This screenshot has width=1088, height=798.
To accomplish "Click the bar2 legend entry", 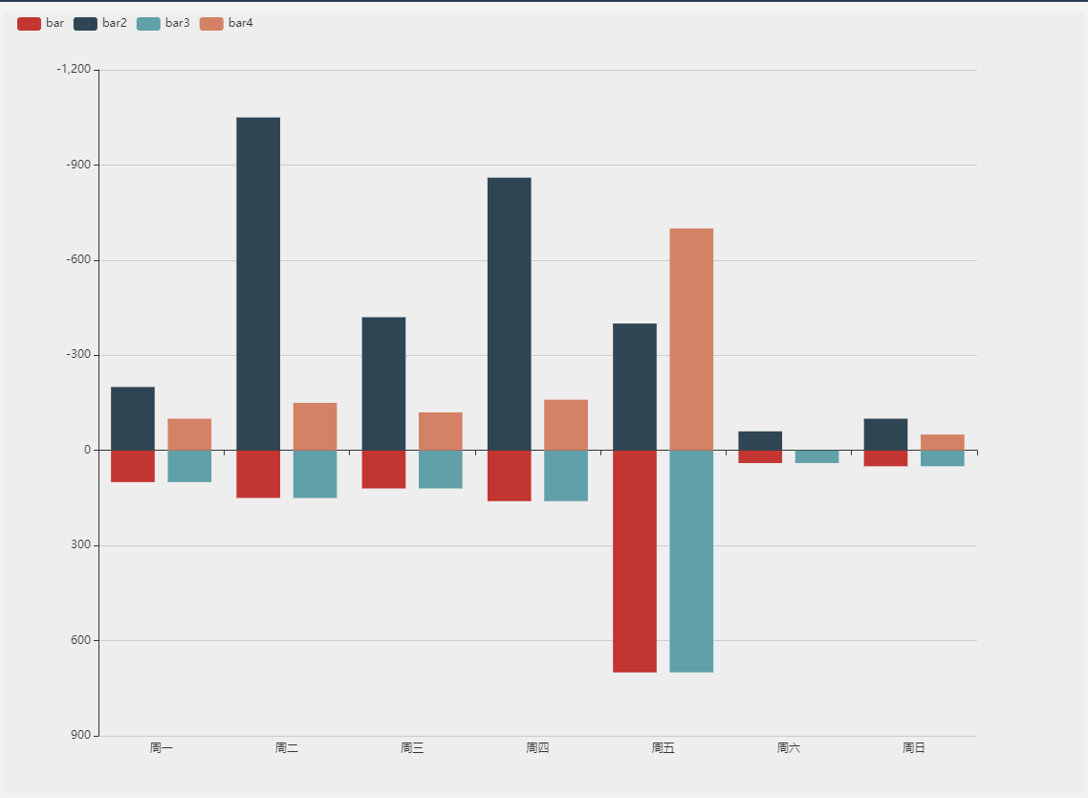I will click(x=100, y=23).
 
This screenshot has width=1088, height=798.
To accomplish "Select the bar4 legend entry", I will click(x=227, y=23).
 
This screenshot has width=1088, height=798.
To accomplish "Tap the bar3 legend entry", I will click(x=163, y=23).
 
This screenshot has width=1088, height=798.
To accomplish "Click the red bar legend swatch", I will click(x=29, y=23).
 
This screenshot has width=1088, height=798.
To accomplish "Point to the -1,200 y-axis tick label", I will click(x=74, y=70).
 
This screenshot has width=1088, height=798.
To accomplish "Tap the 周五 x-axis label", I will click(x=663, y=748).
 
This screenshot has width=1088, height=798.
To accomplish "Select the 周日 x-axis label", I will click(x=914, y=748).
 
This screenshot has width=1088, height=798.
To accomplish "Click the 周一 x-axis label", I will click(x=162, y=748).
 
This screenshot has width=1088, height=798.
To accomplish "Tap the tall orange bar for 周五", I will click(x=691, y=339).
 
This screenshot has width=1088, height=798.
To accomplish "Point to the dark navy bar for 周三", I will click(x=383, y=383).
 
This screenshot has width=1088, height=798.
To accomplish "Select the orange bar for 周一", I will click(x=189, y=434).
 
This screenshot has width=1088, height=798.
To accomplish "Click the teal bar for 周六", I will click(x=816, y=456).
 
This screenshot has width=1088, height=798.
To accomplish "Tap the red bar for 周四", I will click(x=509, y=476).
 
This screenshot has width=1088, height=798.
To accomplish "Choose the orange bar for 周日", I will click(x=942, y=442).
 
